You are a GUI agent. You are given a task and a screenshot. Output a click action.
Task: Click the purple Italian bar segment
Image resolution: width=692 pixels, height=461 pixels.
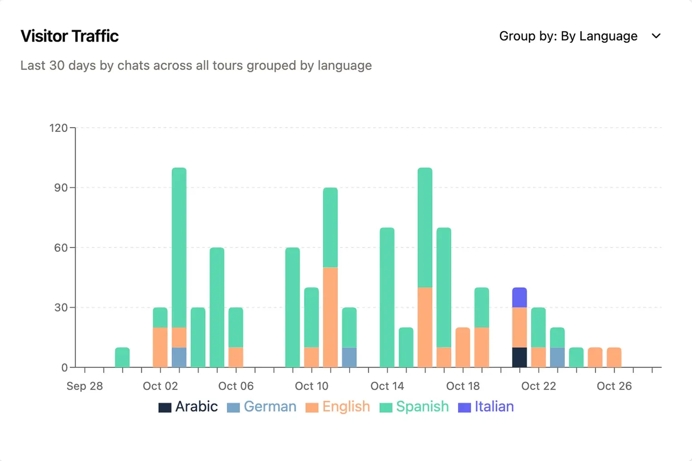tap(519, 297)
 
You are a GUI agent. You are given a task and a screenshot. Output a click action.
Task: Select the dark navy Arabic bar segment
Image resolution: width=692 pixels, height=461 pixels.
tap(519, 357)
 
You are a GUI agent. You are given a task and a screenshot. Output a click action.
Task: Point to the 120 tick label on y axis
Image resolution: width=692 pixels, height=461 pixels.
tap(58, 128)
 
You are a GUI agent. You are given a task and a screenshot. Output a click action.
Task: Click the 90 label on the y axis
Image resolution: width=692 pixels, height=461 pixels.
tap(61, 188)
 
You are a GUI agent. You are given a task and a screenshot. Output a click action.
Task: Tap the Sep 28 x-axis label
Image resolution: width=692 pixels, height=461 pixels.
tap(85, 386)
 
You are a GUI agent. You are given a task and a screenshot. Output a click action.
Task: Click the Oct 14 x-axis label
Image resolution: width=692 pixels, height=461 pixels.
tap(387, 386)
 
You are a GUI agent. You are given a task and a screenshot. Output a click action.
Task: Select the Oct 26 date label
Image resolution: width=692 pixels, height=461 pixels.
tap(614, 386)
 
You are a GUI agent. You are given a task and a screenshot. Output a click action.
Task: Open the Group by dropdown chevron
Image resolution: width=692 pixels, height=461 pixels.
tap(656, 36)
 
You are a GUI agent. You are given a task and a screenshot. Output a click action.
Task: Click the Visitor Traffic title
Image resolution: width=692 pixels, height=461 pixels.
tap(70, 36)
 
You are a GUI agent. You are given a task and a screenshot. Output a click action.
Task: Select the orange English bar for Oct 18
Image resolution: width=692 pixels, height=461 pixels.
tap(463, 347)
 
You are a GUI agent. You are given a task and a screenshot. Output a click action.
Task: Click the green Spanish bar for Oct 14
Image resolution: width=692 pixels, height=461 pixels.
tap(387, 297)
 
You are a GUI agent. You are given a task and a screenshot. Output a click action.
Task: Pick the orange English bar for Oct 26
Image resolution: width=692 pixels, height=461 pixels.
tap(614, 357)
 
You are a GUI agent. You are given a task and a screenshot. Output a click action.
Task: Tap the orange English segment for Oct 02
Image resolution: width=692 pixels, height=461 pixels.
tap(160, 347)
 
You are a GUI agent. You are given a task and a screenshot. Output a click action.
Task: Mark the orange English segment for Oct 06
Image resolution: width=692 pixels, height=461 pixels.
tap(236, 357)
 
